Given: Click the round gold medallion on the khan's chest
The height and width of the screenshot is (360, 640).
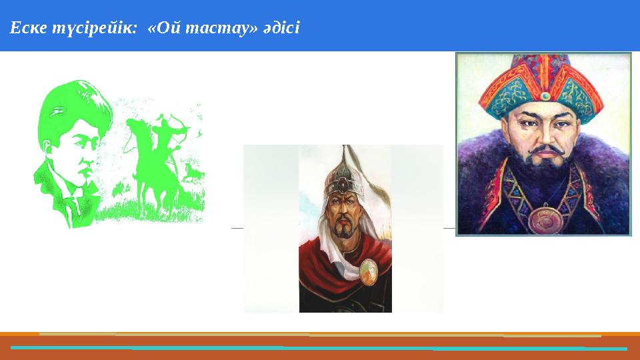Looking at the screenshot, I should pos(545,219).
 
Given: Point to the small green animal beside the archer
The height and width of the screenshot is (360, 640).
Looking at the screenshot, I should pos(192,175).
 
